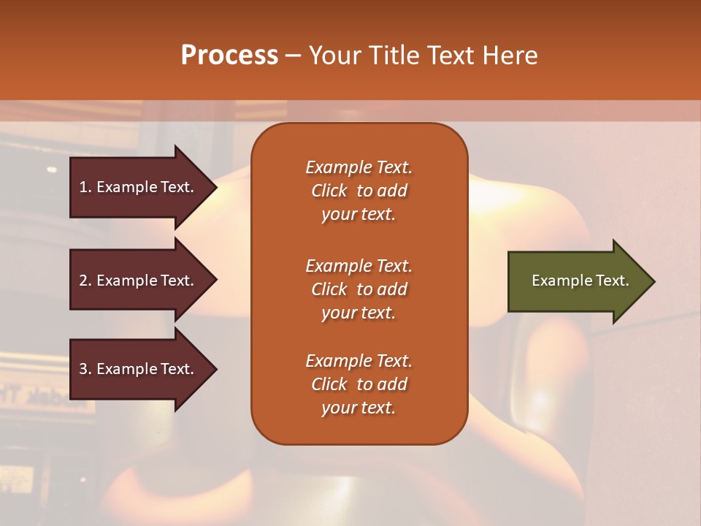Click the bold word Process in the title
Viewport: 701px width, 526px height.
(x=229, y=55)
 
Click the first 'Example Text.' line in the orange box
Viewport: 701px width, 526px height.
(x=359, y=167)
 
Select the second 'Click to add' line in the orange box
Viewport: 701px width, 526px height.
(x=359, y=289)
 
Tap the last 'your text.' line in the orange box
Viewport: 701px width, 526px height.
(x=359, y=408)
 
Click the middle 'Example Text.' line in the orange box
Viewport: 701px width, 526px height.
(x=359, y=265)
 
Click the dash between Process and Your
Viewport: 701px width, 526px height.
(x=293, y=56)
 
